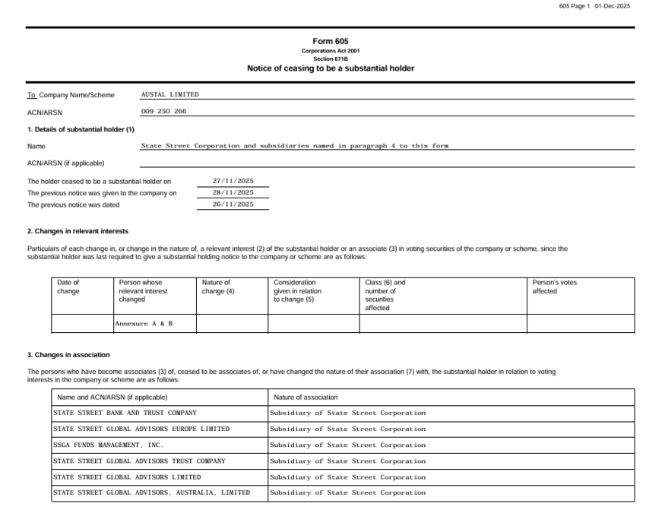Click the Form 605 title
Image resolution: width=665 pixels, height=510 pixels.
click(x=330, y=41)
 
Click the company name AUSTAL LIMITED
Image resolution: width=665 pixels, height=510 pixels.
click(x=169, y=95)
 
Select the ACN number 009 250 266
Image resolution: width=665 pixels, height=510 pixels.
click(x=163, y=112)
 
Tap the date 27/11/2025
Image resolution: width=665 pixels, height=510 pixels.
click(x=233, y=181)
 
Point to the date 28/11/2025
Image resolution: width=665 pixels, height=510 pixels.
click(x=233, y=193)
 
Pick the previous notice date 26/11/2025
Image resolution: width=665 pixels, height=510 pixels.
click(x=233, y=204)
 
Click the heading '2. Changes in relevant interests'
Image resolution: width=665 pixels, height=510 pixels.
click(x=78, y=231)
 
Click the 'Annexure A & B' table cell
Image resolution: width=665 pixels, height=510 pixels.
click(x=144, y=324)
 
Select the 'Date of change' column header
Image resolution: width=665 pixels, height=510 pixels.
click(x=68, y=287)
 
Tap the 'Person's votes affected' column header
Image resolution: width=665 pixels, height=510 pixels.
click(x=555, y=287)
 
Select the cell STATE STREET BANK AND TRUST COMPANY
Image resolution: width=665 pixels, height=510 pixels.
click(x=125, y=413)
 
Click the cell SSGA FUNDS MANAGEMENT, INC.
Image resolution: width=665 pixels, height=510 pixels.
click(x=108, y=445)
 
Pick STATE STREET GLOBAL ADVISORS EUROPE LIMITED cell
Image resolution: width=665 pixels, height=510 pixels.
click(x=141, y=429)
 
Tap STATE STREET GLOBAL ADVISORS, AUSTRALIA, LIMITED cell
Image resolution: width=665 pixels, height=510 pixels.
click(x=151, y=493)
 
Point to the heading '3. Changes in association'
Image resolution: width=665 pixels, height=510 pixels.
click(x=68, y=355)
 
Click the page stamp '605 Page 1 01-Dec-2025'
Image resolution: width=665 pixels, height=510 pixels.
click(x=594, y=6)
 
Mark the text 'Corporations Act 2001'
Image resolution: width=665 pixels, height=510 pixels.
click(x=330, y=51)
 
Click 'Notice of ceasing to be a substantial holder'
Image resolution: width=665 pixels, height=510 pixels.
click(x=330, y=68)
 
